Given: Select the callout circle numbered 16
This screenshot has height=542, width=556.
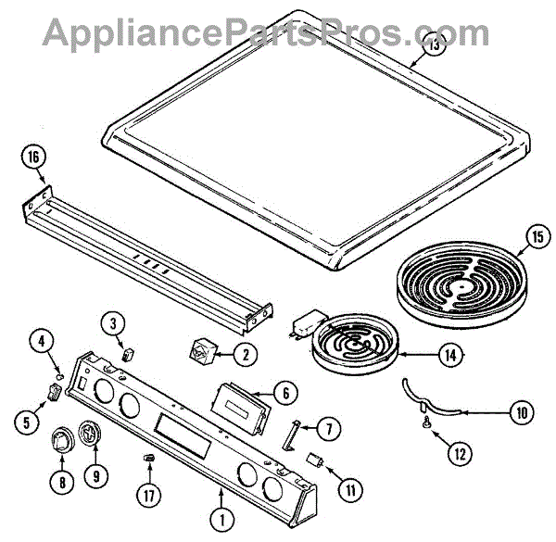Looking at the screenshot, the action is [x=34, y=159].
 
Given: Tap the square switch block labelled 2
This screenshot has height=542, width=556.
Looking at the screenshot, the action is [x=201, y=352].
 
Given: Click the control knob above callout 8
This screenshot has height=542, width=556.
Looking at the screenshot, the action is [x=64, y=440].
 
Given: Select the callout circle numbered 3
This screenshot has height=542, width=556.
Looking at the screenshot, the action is [x=113, y=323].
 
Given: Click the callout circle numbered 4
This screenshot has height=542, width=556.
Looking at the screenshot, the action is [x=41, y=341].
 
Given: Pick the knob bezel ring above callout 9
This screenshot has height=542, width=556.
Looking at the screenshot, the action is [x=91, y=433].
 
